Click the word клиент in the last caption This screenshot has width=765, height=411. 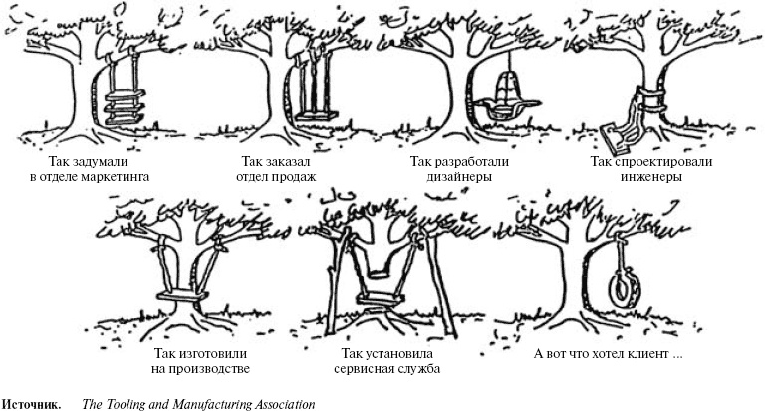(643, 353)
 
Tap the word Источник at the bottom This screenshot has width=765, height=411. (29, 404)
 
